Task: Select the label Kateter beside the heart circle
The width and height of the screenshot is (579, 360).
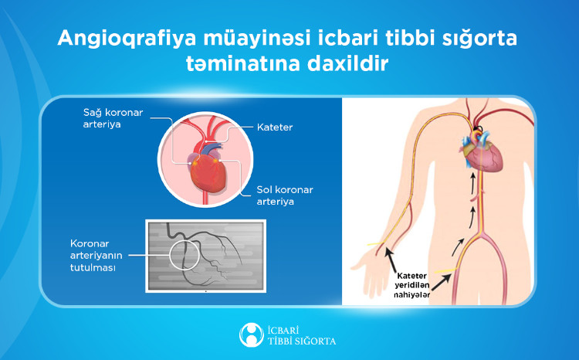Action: click(276, 125)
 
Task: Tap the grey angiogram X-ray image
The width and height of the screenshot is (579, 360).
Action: click(206, 256)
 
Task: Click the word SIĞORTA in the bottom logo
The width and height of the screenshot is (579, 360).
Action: click(313, 341)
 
